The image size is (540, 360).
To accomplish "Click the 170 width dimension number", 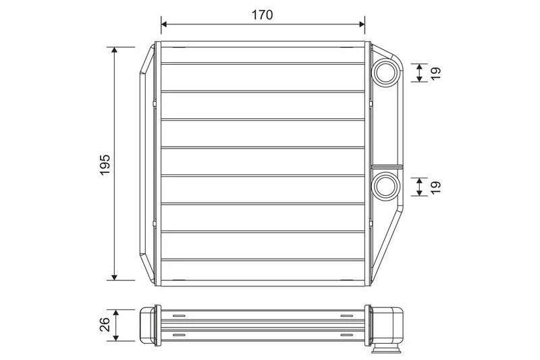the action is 262,15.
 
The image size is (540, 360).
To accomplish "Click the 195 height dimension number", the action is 105,165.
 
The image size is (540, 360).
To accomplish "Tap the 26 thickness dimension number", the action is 105,324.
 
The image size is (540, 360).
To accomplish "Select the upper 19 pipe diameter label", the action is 435,73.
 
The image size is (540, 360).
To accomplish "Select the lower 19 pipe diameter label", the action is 435,186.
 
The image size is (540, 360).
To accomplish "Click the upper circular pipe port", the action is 386,73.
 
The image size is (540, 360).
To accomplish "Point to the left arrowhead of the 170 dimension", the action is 164,24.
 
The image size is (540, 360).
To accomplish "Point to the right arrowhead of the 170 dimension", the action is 362,24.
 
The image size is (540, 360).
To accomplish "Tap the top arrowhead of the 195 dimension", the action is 115,50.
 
